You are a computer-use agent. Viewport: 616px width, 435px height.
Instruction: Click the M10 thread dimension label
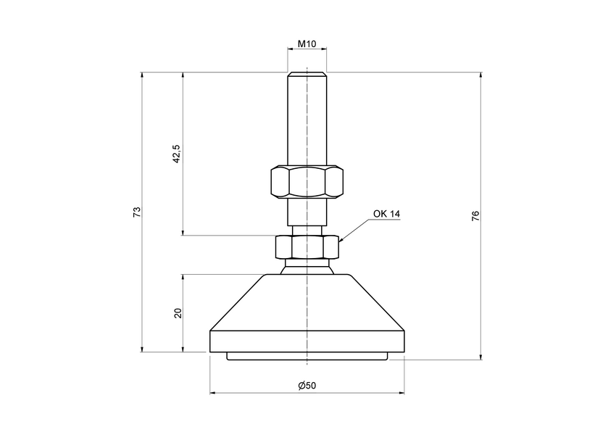point(307,44)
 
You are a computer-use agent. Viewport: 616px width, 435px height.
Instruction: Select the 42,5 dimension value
point(176,154)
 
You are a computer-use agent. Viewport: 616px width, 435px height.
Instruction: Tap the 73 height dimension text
point(136,212)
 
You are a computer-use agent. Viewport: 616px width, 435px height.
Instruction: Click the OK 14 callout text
point(386,214)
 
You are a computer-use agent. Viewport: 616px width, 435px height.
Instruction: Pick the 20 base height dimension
point(178,313)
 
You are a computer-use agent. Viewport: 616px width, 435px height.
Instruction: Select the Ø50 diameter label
point(307,385)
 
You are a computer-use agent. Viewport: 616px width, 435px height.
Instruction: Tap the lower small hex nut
point(307,248)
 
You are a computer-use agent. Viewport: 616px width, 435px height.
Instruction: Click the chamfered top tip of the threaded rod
point(307,74)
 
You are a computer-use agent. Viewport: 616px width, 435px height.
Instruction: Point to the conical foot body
point(307,304)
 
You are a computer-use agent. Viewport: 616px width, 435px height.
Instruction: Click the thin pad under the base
point(307,356)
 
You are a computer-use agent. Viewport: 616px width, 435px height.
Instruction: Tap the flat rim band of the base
point(307,341)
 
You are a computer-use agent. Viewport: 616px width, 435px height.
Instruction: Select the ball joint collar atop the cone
point(307,268)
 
